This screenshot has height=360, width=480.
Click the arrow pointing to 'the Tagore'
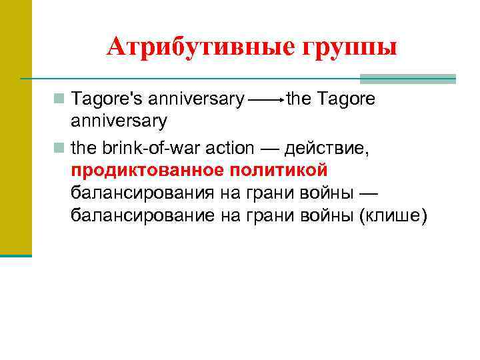tap(265, 101)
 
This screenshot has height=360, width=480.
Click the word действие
tap(321, 148)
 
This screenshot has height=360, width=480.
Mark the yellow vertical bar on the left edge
tap(15, 127)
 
